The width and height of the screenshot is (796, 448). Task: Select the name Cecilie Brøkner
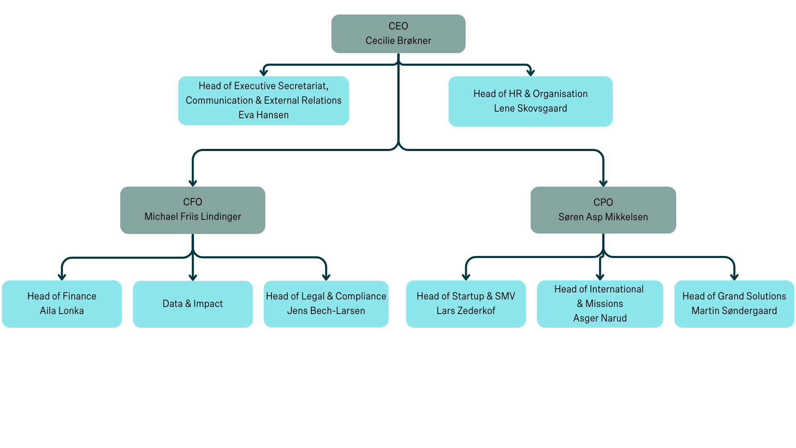pos(398,41)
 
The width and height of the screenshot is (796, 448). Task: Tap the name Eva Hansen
pos(263,115)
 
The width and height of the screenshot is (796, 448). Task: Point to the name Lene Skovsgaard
pos(530,108)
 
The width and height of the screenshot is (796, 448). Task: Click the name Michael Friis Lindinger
pos(192,217)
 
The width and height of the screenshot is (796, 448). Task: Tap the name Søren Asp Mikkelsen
pos(603,217)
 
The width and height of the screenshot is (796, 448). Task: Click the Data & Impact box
pos(192,304)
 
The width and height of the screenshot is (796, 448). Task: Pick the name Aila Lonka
pos(62,311)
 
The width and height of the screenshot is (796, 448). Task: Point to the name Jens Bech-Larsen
pos(326,311)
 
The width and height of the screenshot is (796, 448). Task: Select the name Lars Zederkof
pos(466,311)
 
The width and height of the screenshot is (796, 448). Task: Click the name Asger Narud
pos(599,318)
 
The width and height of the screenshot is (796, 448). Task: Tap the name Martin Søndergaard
pos(734,311)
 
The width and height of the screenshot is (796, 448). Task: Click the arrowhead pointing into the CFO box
pos(192,183)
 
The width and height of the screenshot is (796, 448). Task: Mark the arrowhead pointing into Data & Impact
pos(192,277)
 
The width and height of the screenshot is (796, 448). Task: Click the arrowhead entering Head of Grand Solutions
pos(734,277)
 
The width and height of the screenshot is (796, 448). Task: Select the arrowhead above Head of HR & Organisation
pos(530,73)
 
